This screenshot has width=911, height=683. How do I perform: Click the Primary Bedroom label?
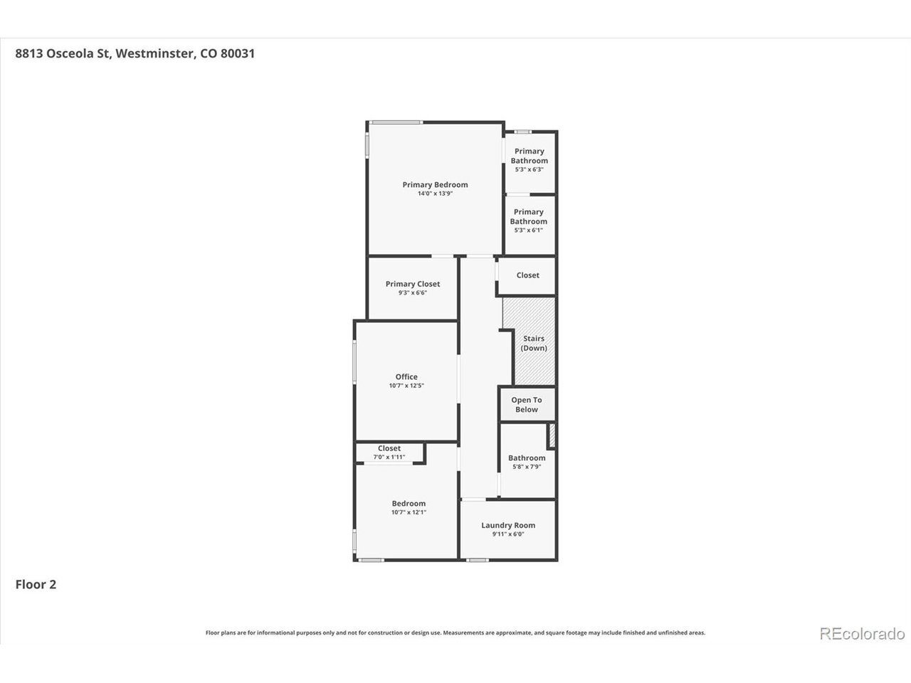pos(435,184)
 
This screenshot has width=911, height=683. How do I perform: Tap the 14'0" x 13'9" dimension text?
pos(435,194)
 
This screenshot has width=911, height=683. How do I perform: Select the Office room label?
pos(406,376)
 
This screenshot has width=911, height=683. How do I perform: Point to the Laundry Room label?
pos(508,525)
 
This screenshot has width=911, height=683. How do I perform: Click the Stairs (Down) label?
pos(534,343)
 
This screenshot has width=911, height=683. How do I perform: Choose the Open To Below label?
pos(526,404)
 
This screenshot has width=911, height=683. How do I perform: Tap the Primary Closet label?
pos(413,284)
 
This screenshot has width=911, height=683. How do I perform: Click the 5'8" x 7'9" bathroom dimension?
pos(527,467)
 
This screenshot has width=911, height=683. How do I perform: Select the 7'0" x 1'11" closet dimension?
pos(389,457)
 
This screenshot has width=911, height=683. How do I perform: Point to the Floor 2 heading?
pos(36,584)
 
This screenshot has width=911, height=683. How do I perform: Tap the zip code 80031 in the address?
pos(238,53)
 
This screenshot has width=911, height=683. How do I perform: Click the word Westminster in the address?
pos(154,53)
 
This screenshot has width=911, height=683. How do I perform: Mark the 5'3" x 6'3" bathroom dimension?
pos(530,169)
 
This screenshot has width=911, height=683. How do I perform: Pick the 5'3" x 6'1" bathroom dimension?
pos(528,230)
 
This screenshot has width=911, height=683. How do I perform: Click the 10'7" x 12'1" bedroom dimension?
pos(409,512)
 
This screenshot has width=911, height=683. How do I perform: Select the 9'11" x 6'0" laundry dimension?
pos(508,534)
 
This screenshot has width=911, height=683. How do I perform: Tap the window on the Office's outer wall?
pos(354,361)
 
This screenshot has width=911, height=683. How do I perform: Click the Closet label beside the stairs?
pos(527,275)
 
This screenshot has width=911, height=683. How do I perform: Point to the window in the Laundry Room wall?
pos(478,560)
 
